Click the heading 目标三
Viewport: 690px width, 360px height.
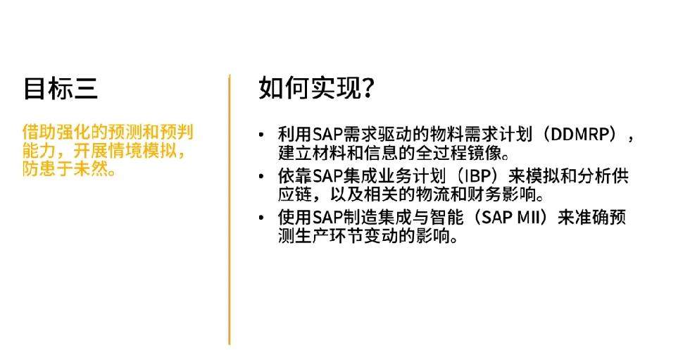[61, 88]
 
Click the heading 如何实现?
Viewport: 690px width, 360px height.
[316, 87]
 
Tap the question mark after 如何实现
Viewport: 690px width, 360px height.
[368, 87]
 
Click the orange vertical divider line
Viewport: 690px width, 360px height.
[230, 209]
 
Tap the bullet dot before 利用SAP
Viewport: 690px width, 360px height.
[262, 135]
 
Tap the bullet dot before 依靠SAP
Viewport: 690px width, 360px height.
[262, 177]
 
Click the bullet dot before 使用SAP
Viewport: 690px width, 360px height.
[262, 218]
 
